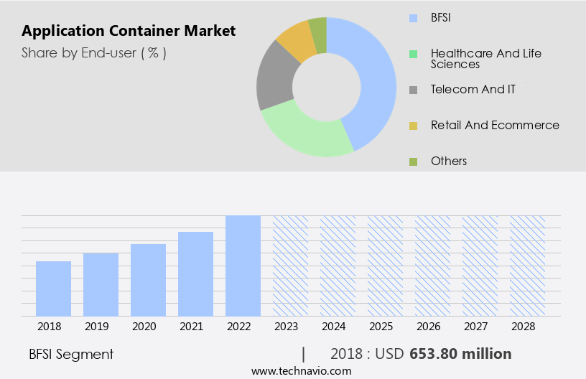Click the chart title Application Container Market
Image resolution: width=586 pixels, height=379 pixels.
pos(129,32)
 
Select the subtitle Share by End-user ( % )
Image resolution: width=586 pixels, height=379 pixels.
pos(94,53)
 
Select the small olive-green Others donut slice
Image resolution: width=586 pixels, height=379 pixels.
pos(318,29)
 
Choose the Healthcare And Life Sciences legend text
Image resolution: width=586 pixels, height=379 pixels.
pos(485,59)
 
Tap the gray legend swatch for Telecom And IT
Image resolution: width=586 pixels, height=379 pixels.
pos(413,90)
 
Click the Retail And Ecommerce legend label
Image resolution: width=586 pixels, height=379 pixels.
pos(495,125)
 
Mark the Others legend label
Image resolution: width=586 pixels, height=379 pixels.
pos(449,161)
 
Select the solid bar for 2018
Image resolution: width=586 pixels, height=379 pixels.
pos(53,289)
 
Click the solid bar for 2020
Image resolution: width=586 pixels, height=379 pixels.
pos(148,280)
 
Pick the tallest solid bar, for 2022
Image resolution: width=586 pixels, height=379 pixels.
pos(243,266)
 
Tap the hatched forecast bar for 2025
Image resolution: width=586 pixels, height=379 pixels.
pos(385,266)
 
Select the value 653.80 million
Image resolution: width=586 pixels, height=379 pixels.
pos(460,354)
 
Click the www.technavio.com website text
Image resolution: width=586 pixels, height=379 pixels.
pos(301,370)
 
